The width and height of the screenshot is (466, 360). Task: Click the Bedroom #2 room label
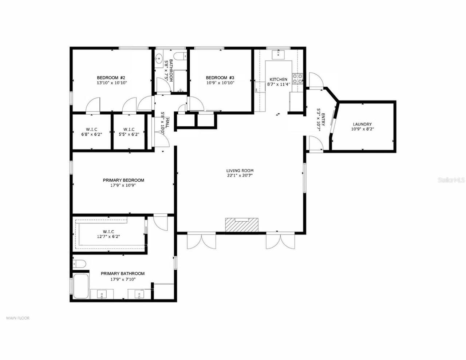[111, 78]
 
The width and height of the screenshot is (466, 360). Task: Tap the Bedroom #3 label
[220, 78]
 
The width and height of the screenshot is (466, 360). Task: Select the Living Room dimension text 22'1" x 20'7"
[240, 175]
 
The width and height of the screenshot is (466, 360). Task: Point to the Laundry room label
[362, 124]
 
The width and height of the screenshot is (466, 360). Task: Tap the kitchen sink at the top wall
[279, 55]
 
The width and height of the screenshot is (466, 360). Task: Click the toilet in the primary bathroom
[79, 264]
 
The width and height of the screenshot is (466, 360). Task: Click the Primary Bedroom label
[123, 180]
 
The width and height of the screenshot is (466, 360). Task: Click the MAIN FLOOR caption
[18, 318]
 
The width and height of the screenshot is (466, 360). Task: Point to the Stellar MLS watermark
[451, 180]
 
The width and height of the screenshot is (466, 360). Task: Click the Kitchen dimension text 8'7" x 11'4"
[278, 84]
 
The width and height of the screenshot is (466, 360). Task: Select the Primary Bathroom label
[123, 274]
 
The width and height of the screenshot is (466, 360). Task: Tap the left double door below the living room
[201, 241]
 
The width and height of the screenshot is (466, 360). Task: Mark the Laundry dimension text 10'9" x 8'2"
[362, 129]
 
